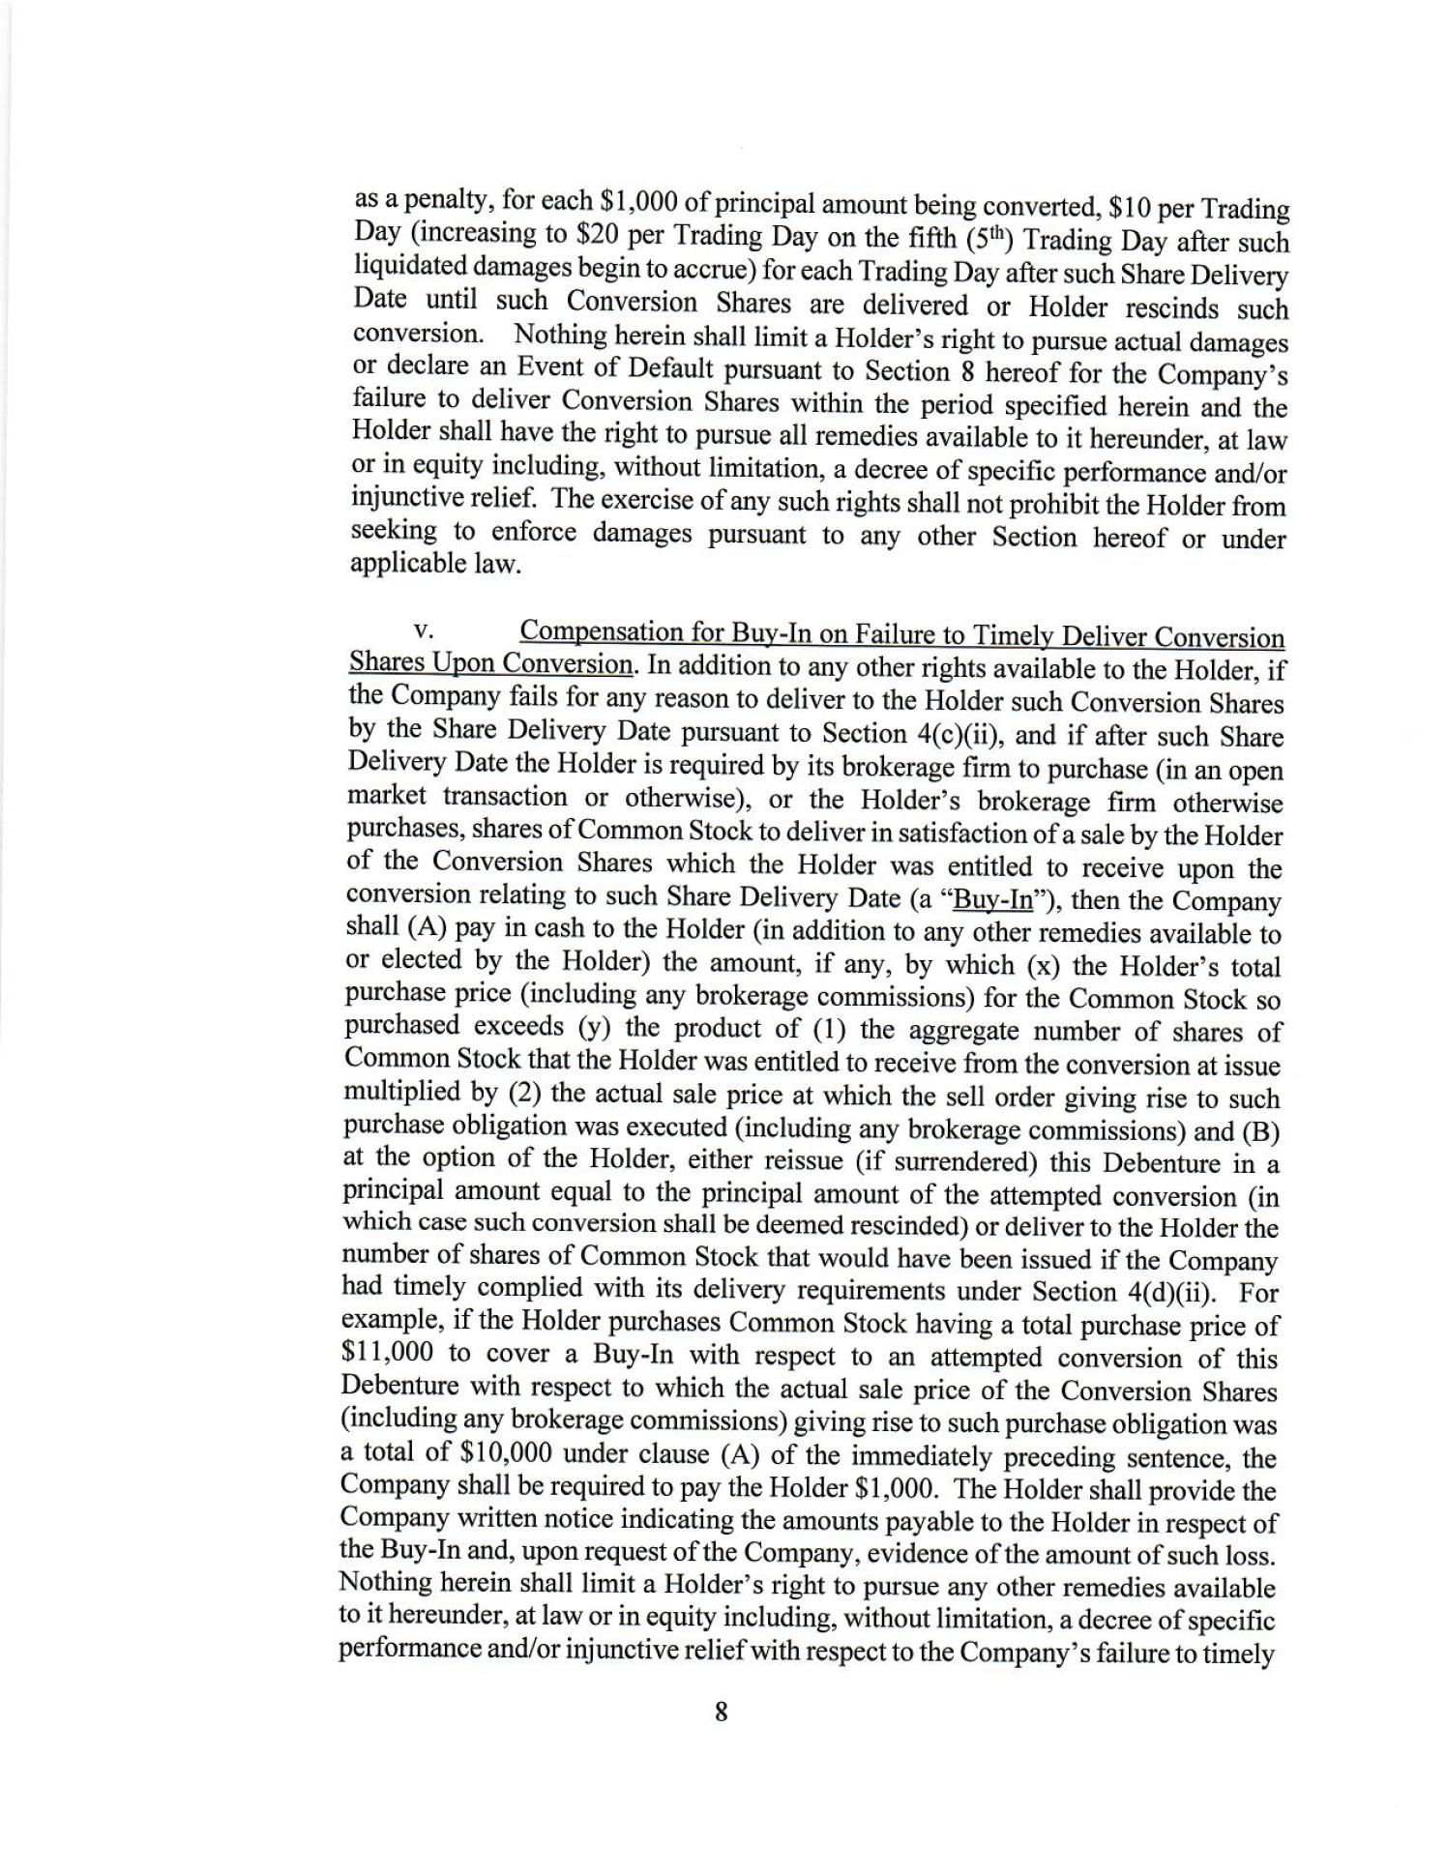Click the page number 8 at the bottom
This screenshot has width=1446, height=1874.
pyautogui.click(x=721, y=1713)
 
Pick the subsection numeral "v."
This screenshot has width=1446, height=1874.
pyautogui.click(x=423, y=631)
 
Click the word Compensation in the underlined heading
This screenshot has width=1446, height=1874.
pyautogui.click(x=600, y=632)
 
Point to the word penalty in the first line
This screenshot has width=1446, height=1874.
pyautogui.click(x=432, y=201)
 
